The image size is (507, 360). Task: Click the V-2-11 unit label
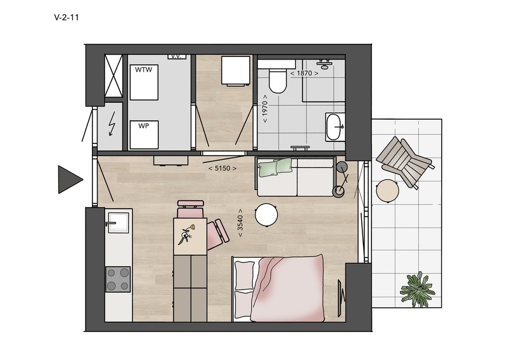(x=67, y=18)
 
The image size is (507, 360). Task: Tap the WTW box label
(x=144, y=70)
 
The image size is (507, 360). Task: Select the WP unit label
(x=144, y=126)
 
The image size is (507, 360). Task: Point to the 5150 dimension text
(x=222, y=168)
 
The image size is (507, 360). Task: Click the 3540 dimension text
(x=240, y=223)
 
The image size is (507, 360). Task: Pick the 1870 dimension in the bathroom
(x=304, y=73)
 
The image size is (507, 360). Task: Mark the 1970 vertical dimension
(x=266, y=108)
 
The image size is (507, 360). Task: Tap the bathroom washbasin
(x=335, y=127)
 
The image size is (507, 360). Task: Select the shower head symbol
(x=324, y=63)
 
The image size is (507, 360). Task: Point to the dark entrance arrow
(x=70, y=179)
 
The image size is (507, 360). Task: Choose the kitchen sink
(x=119, y=222)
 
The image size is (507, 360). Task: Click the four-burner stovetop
(x=118, y=279)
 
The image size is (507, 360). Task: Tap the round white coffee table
(x=266, y=215)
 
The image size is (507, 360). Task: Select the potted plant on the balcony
(x=417, y=289)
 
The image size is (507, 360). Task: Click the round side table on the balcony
(x=387, y=191)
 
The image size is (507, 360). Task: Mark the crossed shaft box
(x=113, y=75)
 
